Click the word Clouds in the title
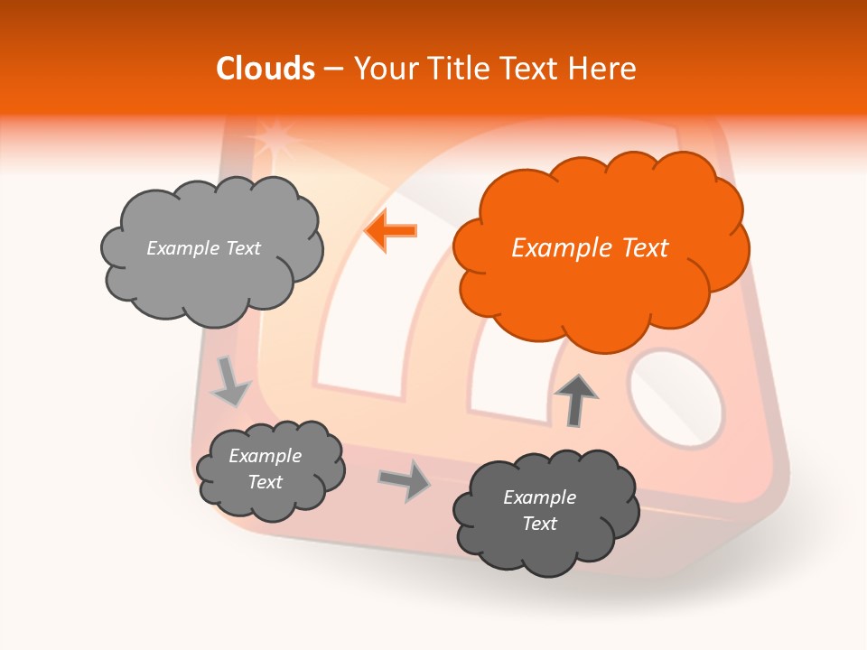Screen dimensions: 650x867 (x=266, y=69)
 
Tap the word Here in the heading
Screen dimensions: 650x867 (x=604, y=69)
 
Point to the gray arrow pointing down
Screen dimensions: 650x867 (x=230, y=381)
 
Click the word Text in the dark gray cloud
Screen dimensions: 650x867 (x=539, y=524)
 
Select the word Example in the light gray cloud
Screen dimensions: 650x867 (x=180, y=248)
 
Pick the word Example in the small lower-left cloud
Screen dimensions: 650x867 (x=265, y=456)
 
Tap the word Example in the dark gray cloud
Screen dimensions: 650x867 (x=539, y=497)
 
